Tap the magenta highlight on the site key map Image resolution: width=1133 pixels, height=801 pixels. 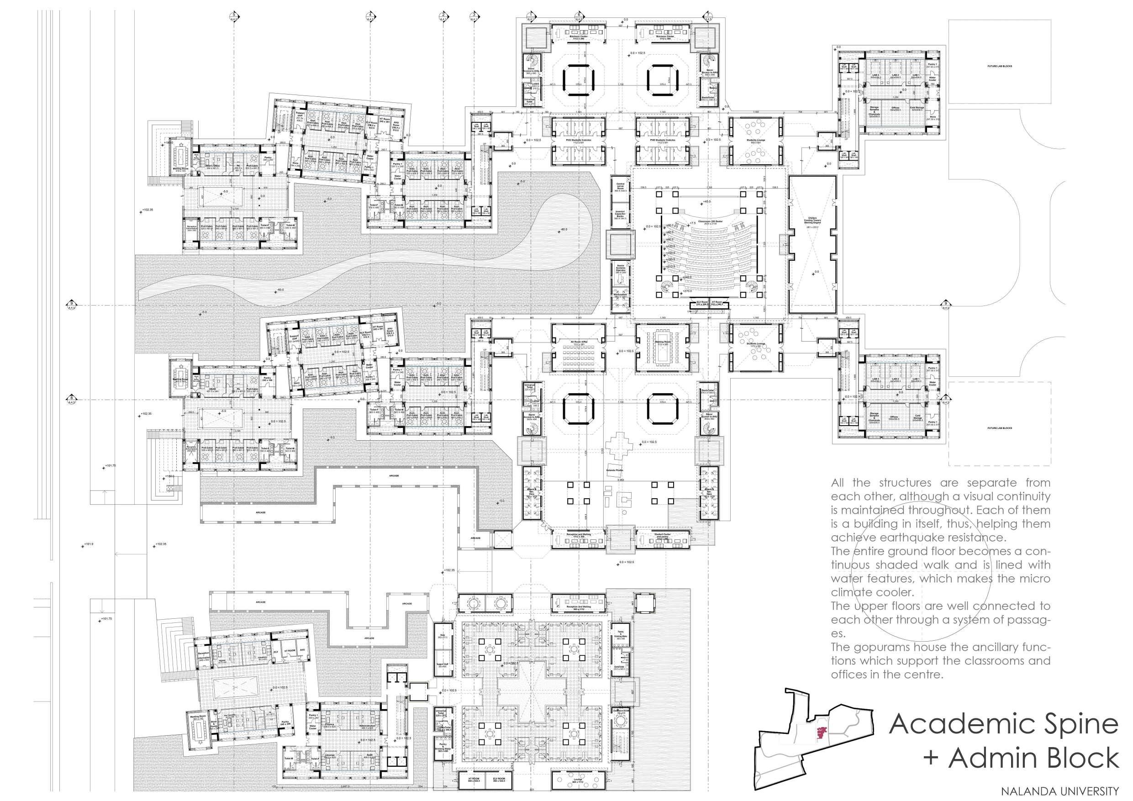click(x=821, y=733)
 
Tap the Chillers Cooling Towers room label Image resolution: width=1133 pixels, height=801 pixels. click(x=812, y=222)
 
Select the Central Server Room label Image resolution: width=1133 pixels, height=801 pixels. click(x=620, y=188)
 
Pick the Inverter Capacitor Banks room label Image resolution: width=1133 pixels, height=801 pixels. click(x=620, y=215)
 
